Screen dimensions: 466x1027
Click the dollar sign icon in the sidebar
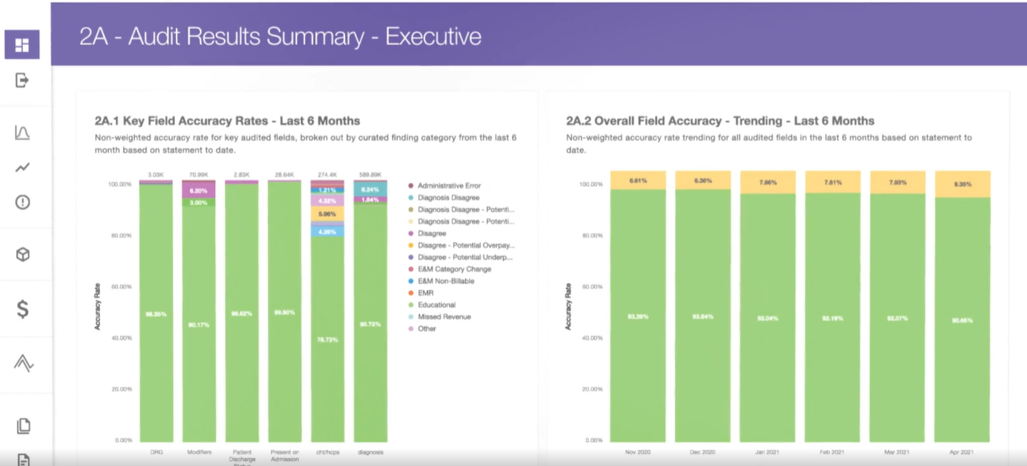click(x=23, y=309)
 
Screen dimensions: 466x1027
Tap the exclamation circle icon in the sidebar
click(x=23, y=203)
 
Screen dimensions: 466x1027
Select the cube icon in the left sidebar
click(x=23, y=255)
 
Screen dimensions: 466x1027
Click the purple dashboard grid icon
click(x=22, y=45)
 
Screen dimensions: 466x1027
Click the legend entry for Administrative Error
click(x=449, y=186)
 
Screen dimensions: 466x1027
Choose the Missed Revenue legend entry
click(x=444, y=317)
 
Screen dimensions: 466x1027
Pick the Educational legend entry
click(x=436, y=305)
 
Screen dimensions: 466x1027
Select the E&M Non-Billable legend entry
click(x=446, y=281)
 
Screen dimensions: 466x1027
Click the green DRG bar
click(x=156, y=314)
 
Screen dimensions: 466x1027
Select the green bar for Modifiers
click(x=199, y=325)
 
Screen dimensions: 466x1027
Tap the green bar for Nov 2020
click(x=638, y=315)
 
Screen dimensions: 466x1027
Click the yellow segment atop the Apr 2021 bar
click(x=963, y=184)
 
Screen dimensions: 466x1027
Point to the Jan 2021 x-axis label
click(x=768, y=452)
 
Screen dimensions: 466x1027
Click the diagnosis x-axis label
click(x=370, y=452)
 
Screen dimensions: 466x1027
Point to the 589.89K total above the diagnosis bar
click(x=370, y=174)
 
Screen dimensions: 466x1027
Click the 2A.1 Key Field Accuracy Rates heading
click(x=227, y=121)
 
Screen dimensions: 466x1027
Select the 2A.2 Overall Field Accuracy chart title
click(x=720, y=121)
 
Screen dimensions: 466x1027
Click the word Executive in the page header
click(x=433, y=36)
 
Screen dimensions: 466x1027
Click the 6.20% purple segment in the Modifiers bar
click(x=199, y=191)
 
